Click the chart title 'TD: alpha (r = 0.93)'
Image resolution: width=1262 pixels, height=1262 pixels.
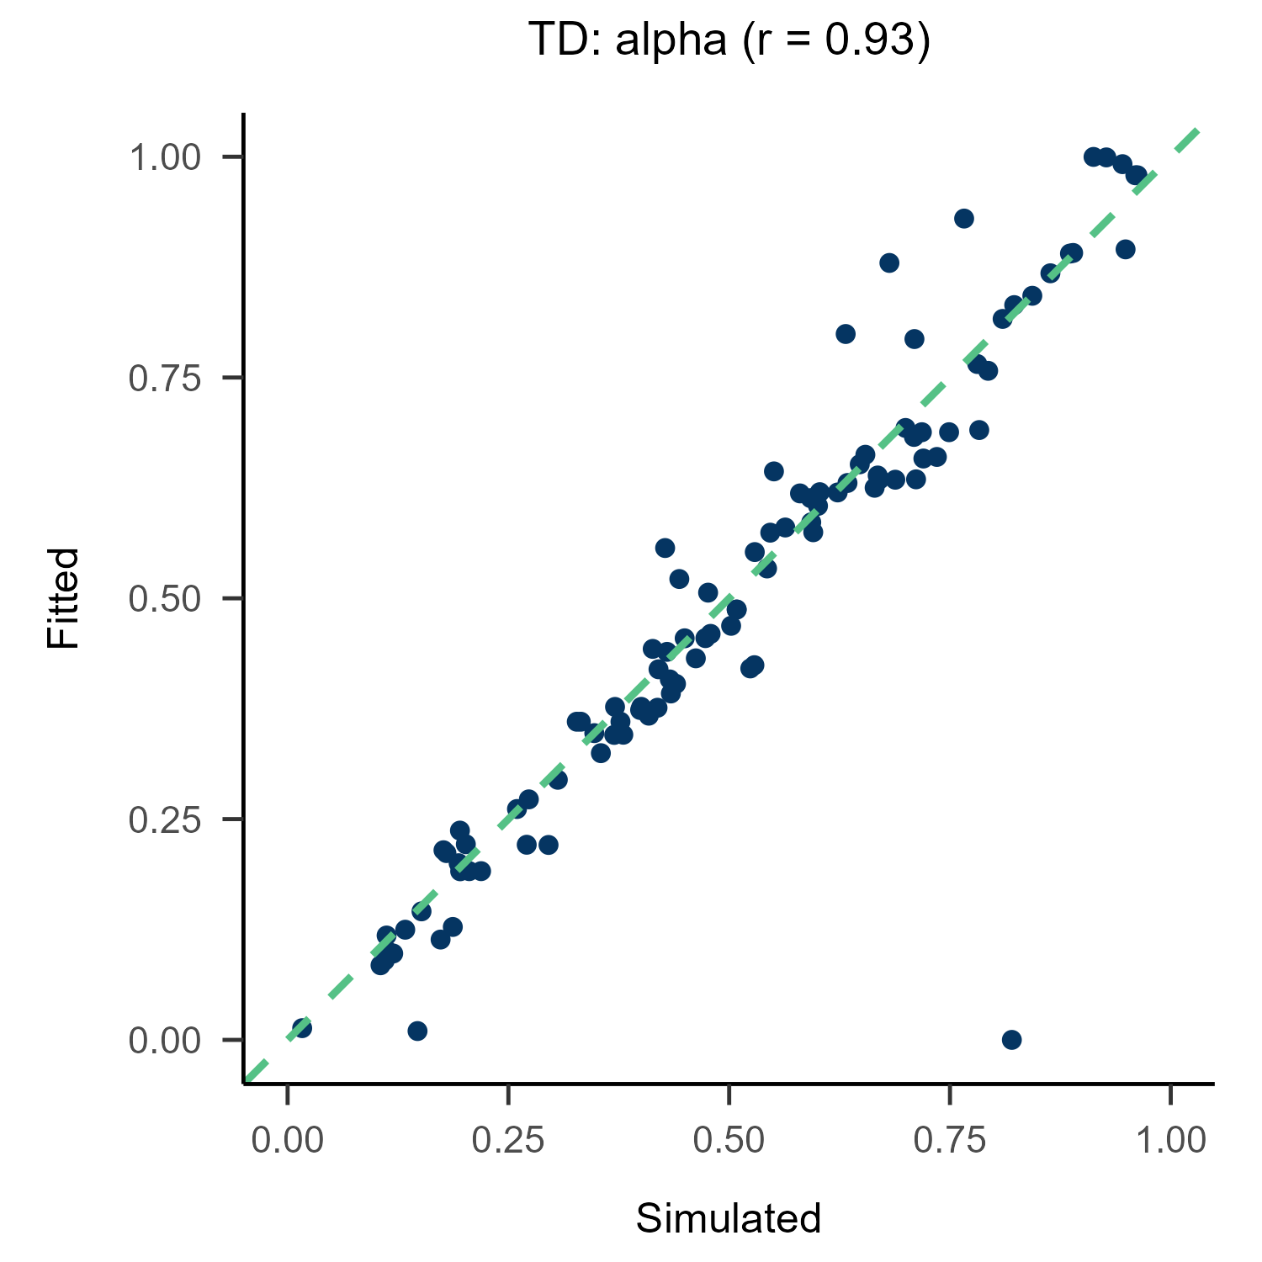(729, 40)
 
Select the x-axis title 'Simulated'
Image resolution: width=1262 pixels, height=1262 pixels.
(729, 1218)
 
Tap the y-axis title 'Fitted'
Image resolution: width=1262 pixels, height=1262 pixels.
(63, 598)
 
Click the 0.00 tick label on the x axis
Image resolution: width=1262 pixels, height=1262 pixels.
(288, 1141)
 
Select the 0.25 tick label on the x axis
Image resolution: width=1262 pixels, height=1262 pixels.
(508, 1141)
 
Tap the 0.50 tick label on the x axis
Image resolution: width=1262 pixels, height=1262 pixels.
(729, 1141)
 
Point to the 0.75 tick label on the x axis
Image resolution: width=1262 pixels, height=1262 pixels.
(950, 1141)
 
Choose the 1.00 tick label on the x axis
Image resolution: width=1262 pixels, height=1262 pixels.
(1170, 1141)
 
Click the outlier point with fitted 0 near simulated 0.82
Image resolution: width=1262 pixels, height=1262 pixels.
(1012, 1040)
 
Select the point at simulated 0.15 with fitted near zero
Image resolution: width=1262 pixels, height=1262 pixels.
(417, 1031)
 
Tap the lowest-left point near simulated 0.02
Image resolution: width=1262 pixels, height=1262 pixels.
(302, 1028)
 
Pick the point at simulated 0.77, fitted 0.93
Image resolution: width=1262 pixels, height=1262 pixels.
(964, 219)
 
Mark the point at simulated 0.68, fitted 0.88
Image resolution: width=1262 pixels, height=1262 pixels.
(889, 263)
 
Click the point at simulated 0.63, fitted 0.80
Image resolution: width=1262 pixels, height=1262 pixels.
(846, 334)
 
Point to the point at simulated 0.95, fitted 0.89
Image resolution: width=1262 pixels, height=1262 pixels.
(1126, 250)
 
